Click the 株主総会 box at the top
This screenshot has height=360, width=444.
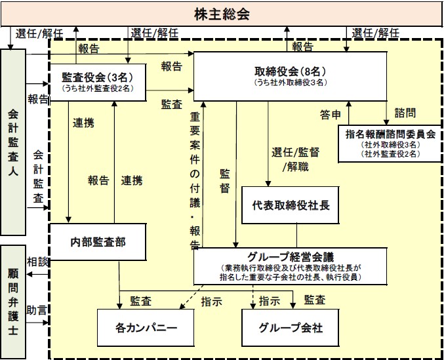(222, 13)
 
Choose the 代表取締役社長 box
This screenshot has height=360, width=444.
(291, 204)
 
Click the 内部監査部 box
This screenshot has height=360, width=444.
(98, 241)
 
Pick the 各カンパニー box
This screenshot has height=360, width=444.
(146, 326)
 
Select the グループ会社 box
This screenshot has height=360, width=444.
(291, 326)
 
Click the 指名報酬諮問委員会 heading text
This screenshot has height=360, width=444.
(390, 134)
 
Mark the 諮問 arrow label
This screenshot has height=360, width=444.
(405, 113)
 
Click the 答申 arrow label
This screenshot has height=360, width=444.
(331, 115)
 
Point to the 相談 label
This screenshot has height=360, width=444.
(38, 260)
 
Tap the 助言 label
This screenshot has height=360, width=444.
(37, 309)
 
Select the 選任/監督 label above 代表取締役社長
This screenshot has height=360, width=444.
(295, 152)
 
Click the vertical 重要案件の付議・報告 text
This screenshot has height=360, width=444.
(195, 181)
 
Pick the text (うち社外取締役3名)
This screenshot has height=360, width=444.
(289, 83)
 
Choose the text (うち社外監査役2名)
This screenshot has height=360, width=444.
(97, 87)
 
